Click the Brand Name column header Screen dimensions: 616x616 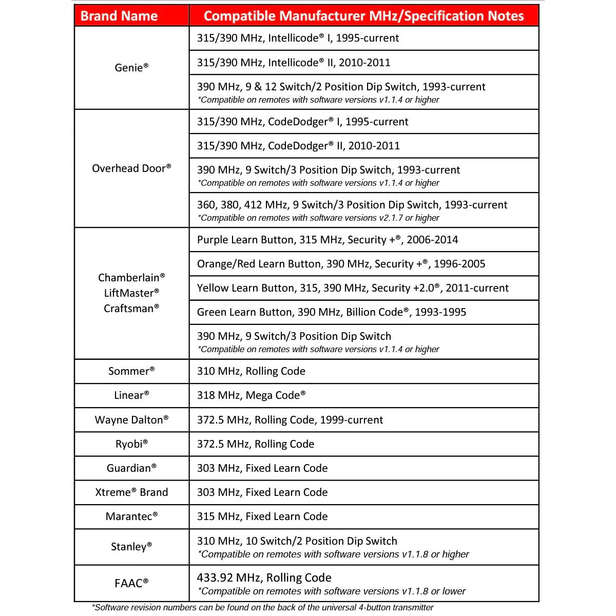point(119,16)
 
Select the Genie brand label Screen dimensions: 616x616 point(131,68)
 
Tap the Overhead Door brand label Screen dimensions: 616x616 point(131,168)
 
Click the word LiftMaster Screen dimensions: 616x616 point(131,293)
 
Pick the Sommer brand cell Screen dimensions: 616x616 point(131,371)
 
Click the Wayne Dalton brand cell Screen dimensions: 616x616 point(131,420)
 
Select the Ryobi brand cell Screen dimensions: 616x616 point(131,444)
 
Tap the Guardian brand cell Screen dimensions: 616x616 point(131,468)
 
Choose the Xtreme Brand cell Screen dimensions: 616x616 point(131,492)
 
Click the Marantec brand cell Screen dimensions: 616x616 point(131,516)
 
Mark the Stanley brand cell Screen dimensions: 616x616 point(131,547)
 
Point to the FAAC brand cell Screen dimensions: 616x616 point(131,583)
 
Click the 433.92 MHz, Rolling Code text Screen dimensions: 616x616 point(264,577)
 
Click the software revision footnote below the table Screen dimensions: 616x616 point(262,608)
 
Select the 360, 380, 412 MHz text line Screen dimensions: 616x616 point(352,205)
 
